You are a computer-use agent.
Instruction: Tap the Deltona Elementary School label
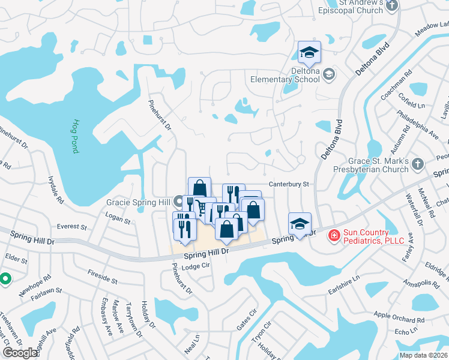click(x=289, y=74)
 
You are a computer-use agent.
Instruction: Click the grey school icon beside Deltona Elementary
click(x=328, y=74)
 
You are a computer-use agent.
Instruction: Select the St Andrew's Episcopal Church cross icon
click(x=392, y=6)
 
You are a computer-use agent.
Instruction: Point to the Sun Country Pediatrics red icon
click(x=334, y=236)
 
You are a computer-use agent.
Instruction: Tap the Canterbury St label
click(x=288, y=184)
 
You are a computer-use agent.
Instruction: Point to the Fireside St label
click(x=102, y=278)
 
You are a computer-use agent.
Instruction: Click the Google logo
click(x=20, y=353)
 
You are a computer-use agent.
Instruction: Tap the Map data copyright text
click(x=423, y=355)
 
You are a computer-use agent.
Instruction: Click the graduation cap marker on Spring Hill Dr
click(x=300, y=225)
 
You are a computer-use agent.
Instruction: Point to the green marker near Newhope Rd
click(x=5, y=278)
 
